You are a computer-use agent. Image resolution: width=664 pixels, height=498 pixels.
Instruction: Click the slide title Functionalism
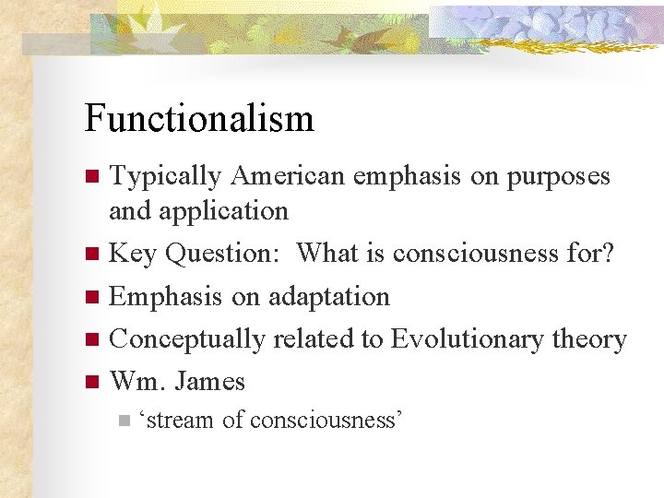tap(199, 119)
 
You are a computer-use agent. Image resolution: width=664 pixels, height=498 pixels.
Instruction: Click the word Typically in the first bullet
tap(166, 176)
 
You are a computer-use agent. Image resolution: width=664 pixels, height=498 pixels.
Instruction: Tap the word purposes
tap(558, 176)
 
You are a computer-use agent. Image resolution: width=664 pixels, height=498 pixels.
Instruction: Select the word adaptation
tap(327, 296)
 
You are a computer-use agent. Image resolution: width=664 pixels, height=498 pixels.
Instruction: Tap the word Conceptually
tap(187, 339)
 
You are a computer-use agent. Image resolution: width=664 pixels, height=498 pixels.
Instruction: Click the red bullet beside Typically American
tap(90, 176)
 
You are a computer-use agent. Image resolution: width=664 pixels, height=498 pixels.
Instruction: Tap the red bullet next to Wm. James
tap(90, 381)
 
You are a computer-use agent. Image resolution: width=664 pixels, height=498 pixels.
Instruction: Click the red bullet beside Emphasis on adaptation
tap(90, 297)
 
